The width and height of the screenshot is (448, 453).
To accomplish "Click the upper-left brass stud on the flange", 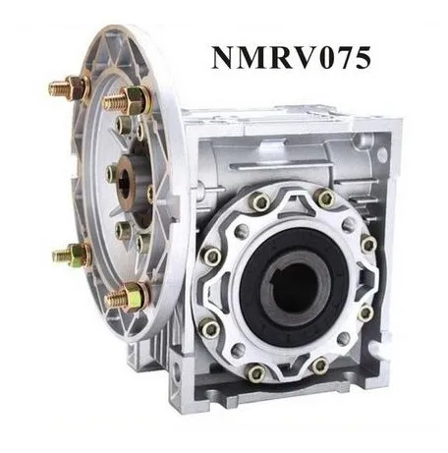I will pyautogui.click(x=69, y=88).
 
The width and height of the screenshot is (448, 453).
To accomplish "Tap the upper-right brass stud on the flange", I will pyautogui.click(x=128, y=98).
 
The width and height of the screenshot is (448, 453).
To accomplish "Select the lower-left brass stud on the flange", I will pyautogui.click(x=71, y=255).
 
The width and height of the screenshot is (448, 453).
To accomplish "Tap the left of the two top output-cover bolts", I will pyautogui.click(x=259, y=201).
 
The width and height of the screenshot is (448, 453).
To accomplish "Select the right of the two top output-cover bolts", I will pyautogui.click(x=325, y=199).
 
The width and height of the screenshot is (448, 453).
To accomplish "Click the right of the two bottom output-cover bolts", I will pyautogui.click(x=319, y=366).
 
